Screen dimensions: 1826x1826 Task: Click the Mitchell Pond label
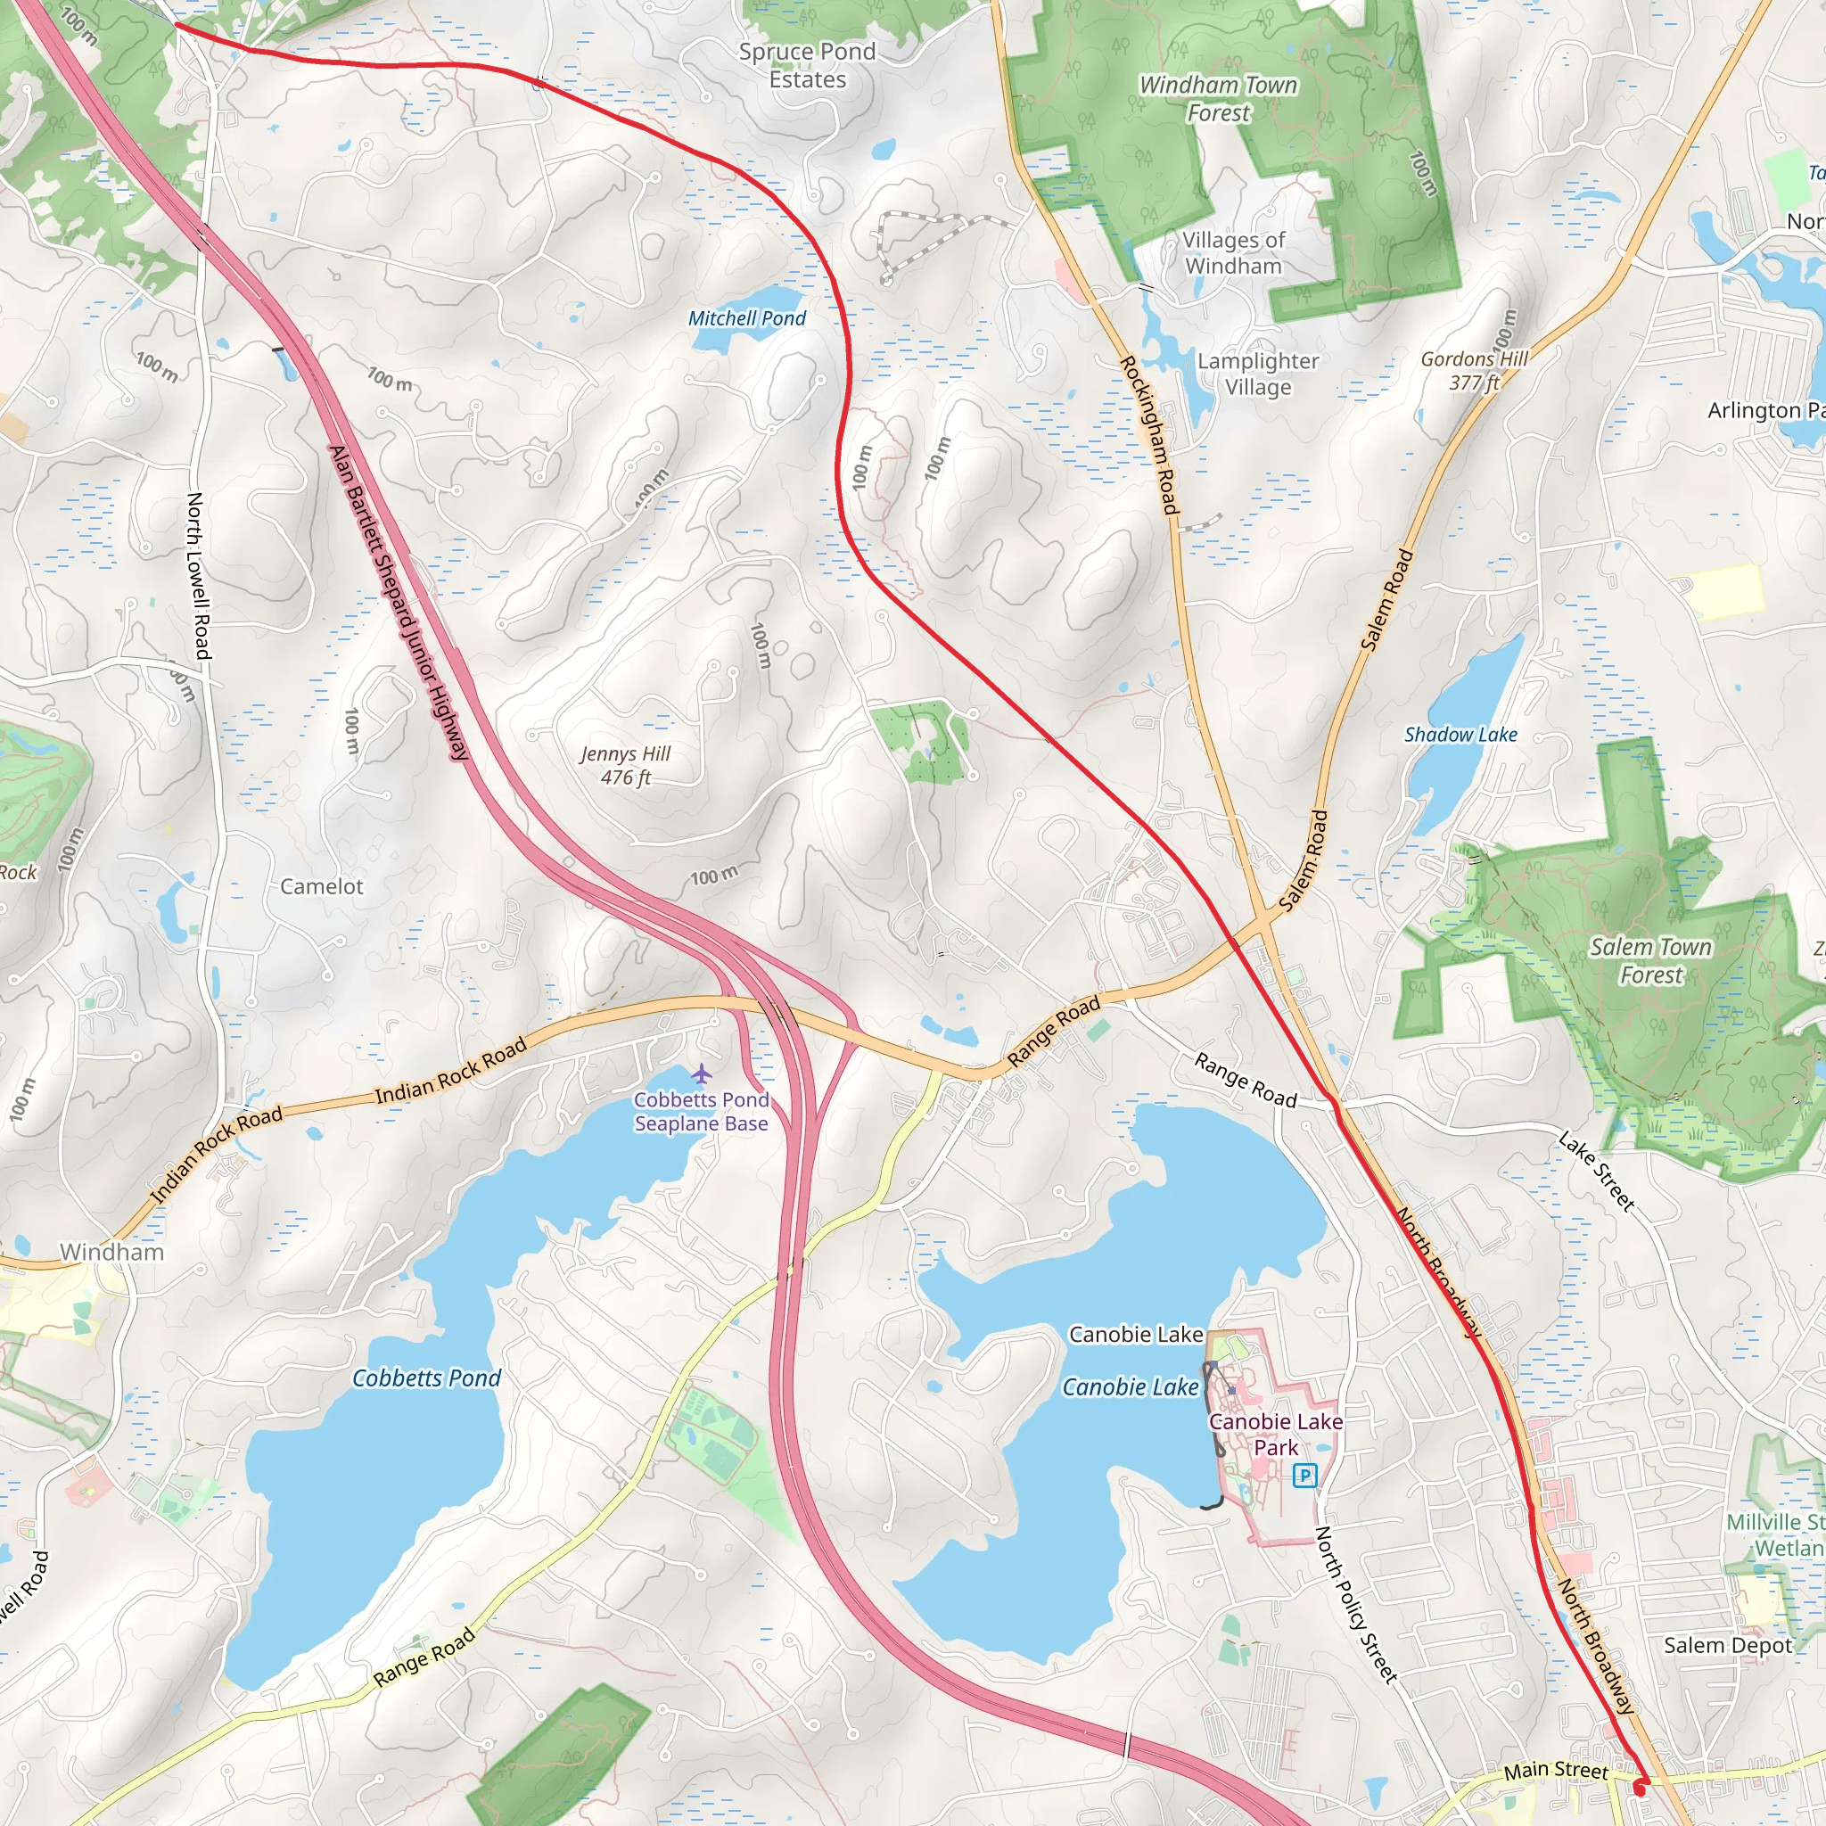746,318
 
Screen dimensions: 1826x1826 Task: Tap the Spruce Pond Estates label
807,65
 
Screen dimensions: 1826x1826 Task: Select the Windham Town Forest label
1218,98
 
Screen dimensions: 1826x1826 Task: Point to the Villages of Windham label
1233,253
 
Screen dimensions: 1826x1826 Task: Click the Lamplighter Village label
1257,374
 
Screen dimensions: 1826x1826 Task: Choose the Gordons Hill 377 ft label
1475,371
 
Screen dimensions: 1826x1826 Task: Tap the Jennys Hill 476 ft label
626,766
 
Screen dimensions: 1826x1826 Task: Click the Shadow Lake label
1460,735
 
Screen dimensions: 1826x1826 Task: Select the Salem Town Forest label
1650,960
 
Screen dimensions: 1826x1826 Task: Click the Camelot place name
321,886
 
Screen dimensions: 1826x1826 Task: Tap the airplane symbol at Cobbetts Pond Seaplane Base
700,1073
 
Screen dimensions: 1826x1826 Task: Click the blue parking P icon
1304,1475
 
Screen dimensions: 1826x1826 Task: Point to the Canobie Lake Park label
1275,1434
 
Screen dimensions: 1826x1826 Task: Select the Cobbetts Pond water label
426,1378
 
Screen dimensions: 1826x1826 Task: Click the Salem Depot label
1728,1646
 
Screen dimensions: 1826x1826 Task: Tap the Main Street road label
1555,1769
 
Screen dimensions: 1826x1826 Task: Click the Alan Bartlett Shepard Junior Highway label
398,603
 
